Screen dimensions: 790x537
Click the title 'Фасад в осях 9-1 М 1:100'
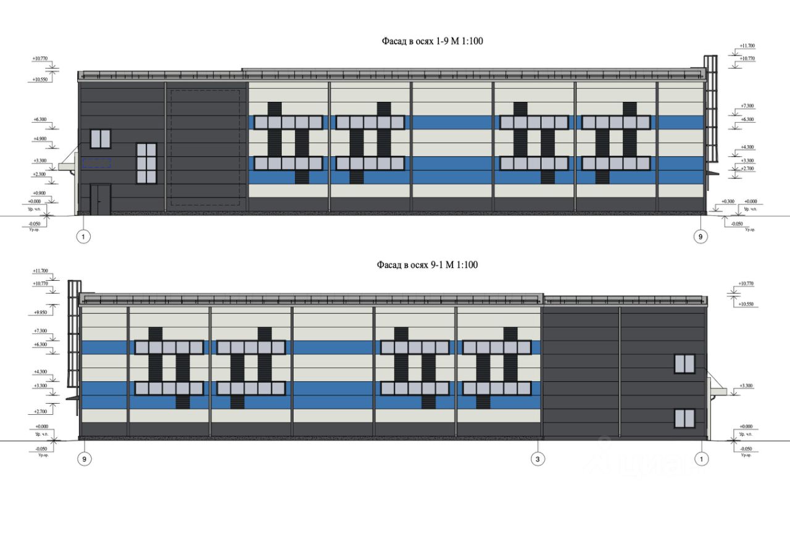tap(427, 265)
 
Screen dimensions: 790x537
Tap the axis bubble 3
tap(538, 459)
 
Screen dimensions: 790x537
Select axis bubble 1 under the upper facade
tap(83, 236)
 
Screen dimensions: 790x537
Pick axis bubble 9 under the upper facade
tap(699, 236)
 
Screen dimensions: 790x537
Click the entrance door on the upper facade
tap(100, 199)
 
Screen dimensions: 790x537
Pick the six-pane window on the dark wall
tap(147, 163)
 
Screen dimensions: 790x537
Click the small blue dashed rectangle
tap(97, 163)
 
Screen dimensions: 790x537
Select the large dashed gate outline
tap(205, 148)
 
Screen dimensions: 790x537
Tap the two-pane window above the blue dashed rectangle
tap(100, 138)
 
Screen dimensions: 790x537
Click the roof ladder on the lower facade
tap(74, 339)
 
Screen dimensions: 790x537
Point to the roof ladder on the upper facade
tap(711, 108)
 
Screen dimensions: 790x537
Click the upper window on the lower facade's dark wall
tap(684, 364)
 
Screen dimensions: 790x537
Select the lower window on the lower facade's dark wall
tap(684, 418)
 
